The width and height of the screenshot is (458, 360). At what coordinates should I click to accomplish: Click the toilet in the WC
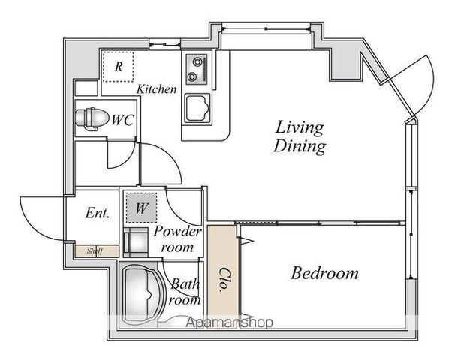click(x=91, y=119)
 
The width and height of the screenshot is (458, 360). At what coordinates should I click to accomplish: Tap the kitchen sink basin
click(x=197, y=109)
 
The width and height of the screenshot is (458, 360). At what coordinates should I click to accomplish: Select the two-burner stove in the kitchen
click(x=197, y=69)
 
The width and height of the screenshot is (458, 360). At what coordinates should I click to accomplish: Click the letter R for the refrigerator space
click(x=119, y=67)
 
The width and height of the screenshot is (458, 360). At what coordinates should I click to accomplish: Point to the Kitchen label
click(x=157, y=89)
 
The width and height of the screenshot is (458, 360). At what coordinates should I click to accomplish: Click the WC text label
click(x=122, y=119)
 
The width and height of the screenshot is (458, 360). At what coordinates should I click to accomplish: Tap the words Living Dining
click(x=300, y=136)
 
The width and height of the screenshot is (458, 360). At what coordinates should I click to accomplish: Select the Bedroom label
click(x=324, y=273)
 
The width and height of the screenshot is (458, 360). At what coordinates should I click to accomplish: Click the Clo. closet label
click(x=224, y=280)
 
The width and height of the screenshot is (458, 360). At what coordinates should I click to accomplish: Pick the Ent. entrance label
click(x=98, y=213)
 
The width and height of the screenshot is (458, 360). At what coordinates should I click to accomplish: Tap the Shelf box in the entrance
click(x=98, y=251)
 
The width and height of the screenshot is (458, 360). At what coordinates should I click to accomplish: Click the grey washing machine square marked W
click(x=141, y=208)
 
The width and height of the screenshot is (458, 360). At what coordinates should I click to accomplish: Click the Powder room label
click(x=177, y=239)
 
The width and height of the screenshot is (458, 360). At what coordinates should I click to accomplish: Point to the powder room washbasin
click(x=136, y=242)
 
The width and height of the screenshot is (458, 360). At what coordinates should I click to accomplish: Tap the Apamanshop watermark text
click(x=230, y=322)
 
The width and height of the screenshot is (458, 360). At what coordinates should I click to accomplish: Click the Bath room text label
click(x=185, y=292)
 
